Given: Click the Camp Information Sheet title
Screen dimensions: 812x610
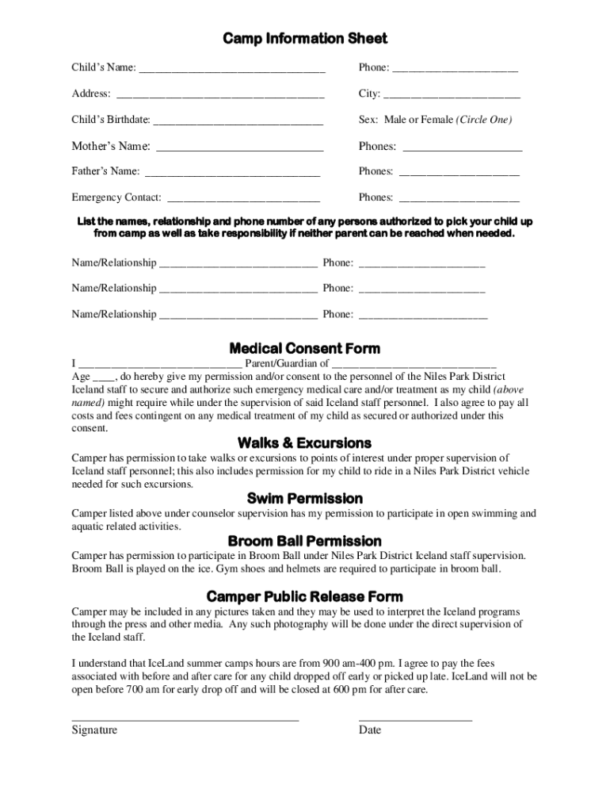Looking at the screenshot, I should click(x=304, y=39).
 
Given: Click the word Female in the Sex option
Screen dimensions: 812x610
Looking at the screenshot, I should click(x=437, y=120).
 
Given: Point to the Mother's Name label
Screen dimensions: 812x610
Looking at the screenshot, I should click(x=111, y=146).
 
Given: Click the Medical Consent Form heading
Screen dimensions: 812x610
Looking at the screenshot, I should click(x=304, y=348).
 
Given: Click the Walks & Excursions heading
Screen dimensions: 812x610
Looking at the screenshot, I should click(x=304, y=442).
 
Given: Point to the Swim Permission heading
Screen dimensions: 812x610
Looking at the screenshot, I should click(x=304, y=498).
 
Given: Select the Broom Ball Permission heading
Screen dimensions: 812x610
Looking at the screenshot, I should click(x=304, y=541).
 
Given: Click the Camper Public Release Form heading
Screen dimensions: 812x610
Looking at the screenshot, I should click(x=304, y=596).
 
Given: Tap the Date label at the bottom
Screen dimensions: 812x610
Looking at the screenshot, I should click(x=370, y=730).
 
